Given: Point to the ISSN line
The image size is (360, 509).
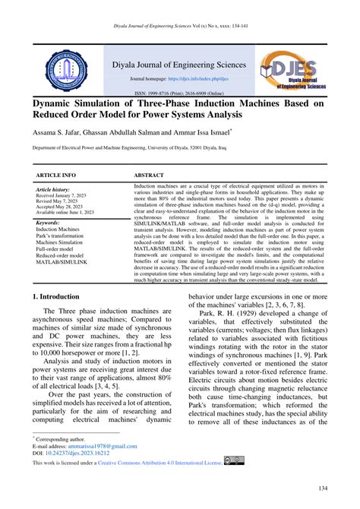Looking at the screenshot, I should pyautogui.click(x=180, y=93).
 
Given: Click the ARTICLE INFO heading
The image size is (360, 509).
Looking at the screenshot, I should pyautogui.click(x=55, y=174).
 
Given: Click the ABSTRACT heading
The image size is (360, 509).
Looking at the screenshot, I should pyautogui.click(x=148, y=174).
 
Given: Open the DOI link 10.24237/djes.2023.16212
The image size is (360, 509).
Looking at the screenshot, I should pyautogui.click(x=78, y=454).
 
